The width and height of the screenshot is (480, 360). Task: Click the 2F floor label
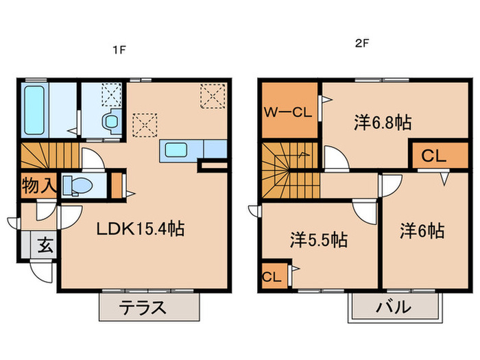[362, 43]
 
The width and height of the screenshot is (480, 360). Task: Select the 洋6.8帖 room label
[383, 123]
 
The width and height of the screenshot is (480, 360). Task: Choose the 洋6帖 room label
[422, 230]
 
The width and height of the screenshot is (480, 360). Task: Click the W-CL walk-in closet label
[288, 111]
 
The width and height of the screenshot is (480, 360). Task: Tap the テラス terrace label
[144, 307]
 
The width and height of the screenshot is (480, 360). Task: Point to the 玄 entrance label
[43, 243]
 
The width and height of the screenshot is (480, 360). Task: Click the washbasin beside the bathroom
[110, 122]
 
